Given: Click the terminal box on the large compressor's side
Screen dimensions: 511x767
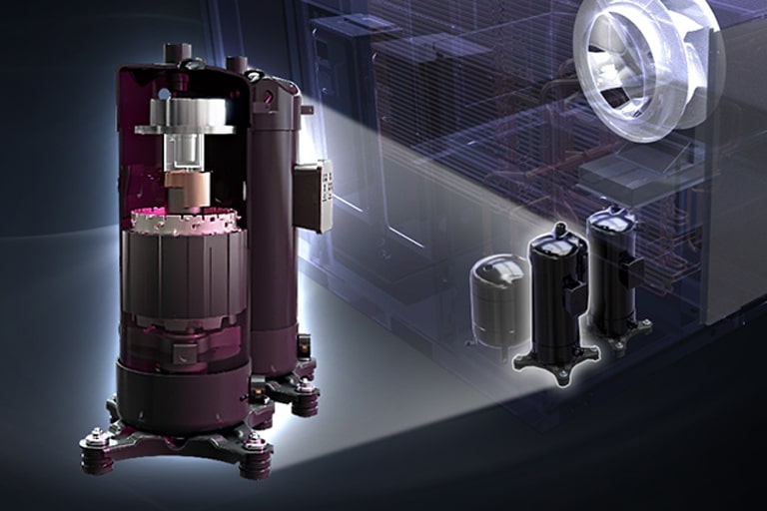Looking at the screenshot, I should (313, 196).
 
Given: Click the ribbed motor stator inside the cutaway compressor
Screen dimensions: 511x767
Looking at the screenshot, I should (184, 269).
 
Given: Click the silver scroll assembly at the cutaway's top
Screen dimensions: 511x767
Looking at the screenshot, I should (185, 115).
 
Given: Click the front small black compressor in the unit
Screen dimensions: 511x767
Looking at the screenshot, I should (555, 299).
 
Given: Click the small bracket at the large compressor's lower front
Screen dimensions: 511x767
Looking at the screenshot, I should (185, 353).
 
